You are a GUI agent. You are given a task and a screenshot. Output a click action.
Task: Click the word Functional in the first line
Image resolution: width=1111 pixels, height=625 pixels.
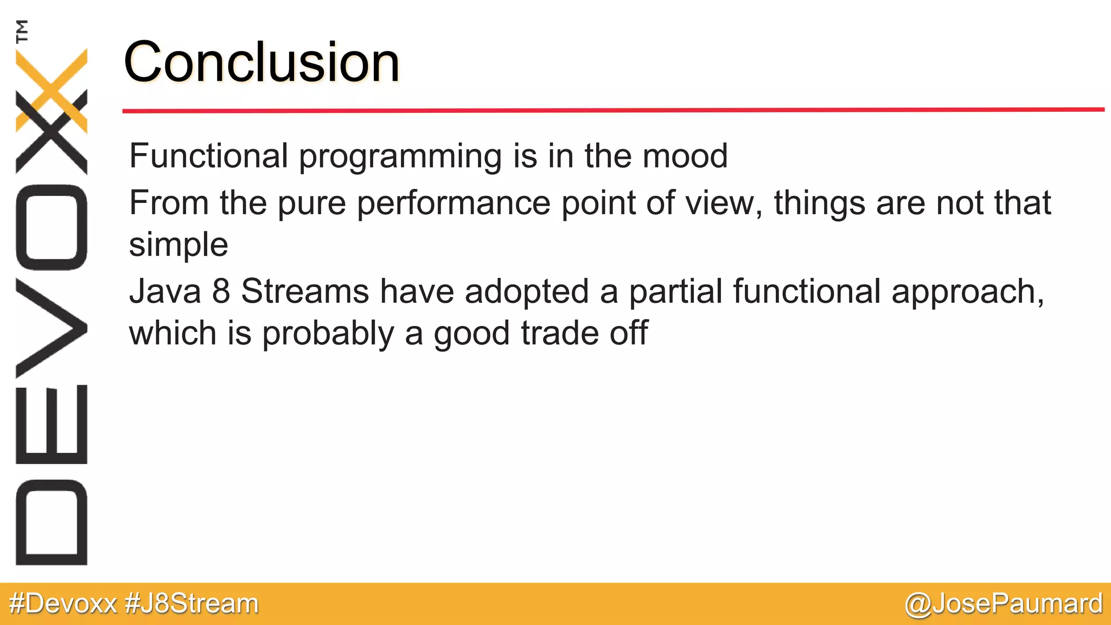(x=208, y=156)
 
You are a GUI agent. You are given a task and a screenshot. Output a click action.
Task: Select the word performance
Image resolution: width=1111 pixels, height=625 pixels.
(x=453, y=204)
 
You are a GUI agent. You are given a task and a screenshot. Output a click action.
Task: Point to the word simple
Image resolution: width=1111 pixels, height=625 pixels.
(x=178, y=245)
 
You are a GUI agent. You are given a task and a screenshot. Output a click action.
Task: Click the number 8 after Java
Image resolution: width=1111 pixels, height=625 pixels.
(x=221, y=291)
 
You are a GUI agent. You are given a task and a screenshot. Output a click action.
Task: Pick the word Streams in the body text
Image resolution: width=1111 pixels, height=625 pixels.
(x=305, y=291)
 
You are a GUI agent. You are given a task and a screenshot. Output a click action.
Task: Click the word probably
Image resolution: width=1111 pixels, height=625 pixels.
(x=328, y=334)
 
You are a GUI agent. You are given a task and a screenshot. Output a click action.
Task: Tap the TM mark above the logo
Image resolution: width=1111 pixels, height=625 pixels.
(x=22, y=31)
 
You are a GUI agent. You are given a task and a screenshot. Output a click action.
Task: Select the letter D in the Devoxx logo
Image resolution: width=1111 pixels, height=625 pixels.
(x=52, y=522)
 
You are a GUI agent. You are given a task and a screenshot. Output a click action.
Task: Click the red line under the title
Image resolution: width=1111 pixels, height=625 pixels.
(x=613, y=110)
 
